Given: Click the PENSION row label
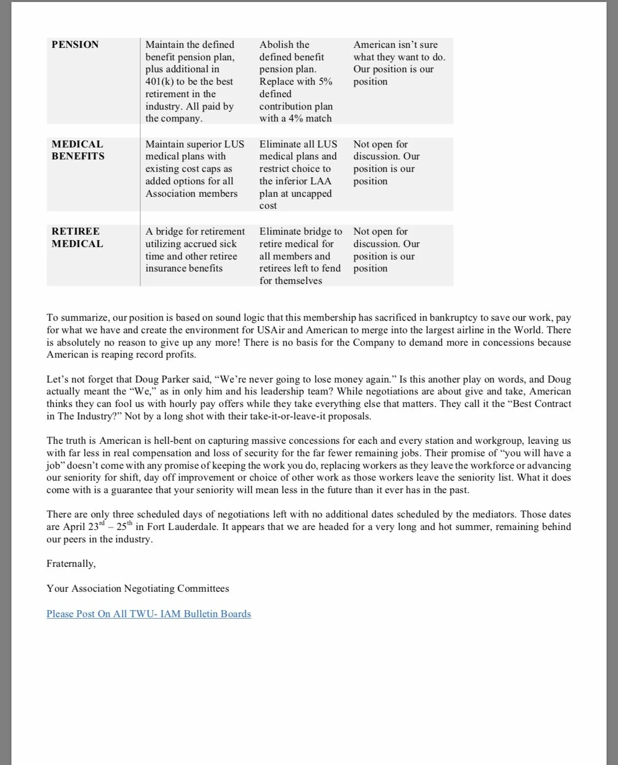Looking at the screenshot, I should pos(75,45).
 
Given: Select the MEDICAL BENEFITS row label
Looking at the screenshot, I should pos(78,150).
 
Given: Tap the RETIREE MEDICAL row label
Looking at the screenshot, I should pos(77,238).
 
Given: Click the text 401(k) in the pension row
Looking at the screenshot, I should pos(159,82).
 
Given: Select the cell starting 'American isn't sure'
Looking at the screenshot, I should pos(399,63).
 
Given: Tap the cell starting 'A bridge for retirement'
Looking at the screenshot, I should pos(195,250).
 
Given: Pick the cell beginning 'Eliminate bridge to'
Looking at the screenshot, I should pos(300,256).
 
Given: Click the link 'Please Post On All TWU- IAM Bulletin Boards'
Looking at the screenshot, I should pos(149,614).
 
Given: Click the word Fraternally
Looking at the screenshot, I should pos(71,563).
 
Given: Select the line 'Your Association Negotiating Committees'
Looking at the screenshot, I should pos(138,588).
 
